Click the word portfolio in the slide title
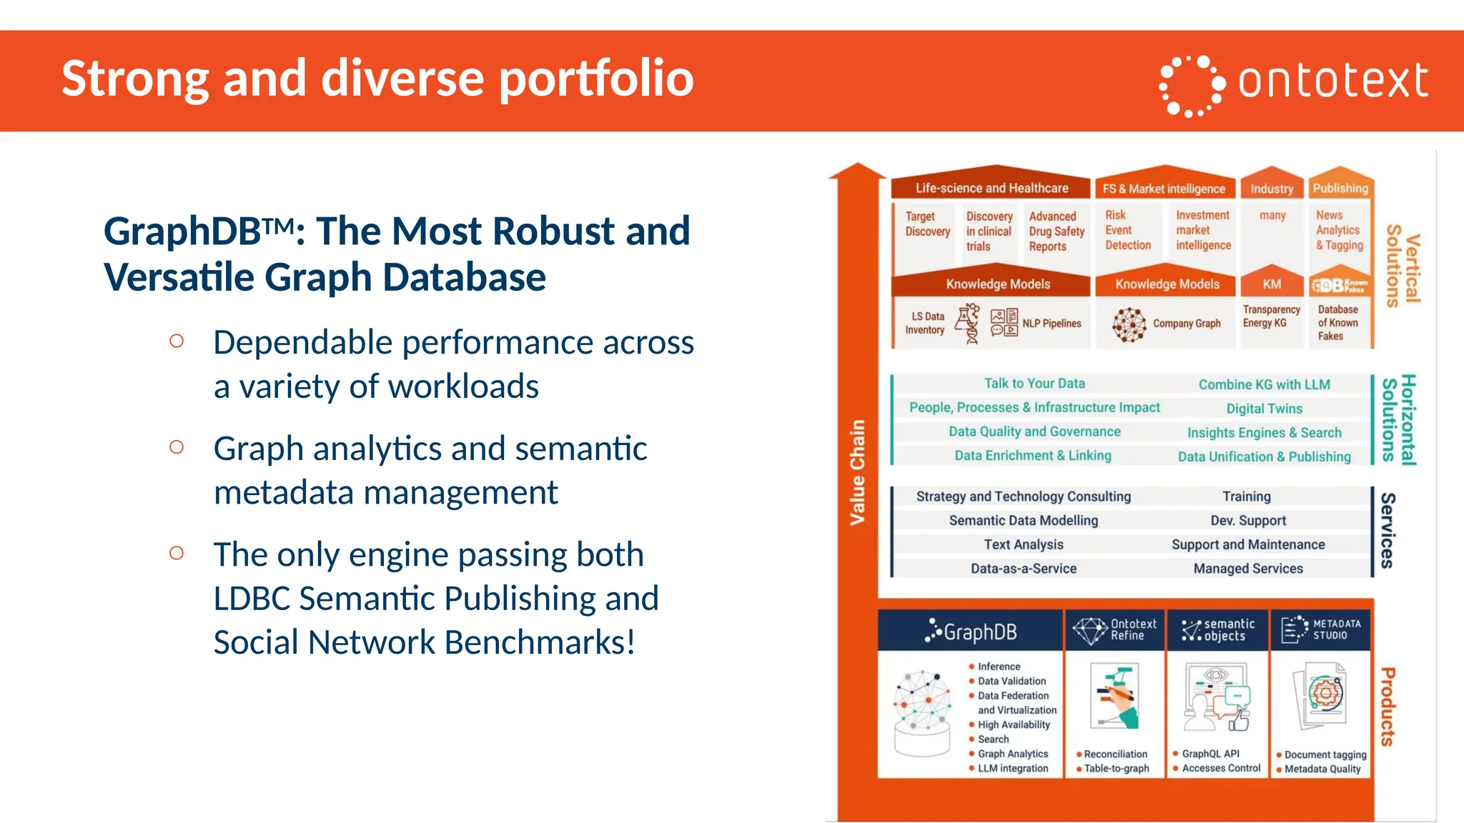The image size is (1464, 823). (x=596, y=79)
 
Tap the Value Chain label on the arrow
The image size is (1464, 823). (x=857, y=472)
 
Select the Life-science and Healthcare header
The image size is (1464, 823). (x=991, y=188)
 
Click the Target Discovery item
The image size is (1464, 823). (x=927, y=224)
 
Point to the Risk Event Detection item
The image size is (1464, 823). (x=1127, y=230)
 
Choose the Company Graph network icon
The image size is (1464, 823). (x=1129, y=325)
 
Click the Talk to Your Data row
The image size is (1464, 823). (x=1034, y=384)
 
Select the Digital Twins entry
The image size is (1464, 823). (x=1264, y=409)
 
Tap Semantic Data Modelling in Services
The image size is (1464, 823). (x=1023, y=521)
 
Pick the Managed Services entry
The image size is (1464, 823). (x=1247, y=569)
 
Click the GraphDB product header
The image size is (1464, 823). (x=970, y=632)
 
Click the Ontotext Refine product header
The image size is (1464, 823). (x=1115, y=630)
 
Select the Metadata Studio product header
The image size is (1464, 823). (x=1320, y=630)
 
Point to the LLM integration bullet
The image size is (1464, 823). (x=1012, y=769)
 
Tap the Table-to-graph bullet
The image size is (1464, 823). (x=1116, y=769)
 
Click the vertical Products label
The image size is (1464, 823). (x=1388, y=707)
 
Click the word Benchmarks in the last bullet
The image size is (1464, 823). (x=540, y=642)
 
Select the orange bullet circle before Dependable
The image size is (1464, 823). (x=177, y=341)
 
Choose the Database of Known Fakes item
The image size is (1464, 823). (x=1337, y=322)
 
